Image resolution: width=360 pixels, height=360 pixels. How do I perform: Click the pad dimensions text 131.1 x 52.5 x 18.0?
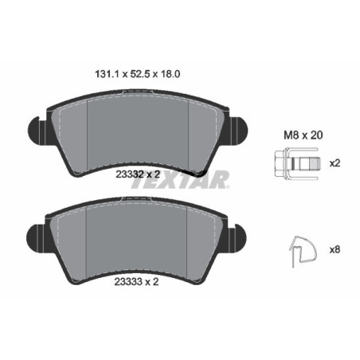138,74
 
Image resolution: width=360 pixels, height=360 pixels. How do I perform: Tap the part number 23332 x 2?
138,174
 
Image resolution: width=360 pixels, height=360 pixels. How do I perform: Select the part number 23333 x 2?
136,282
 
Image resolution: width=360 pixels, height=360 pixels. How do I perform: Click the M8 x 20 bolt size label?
303,135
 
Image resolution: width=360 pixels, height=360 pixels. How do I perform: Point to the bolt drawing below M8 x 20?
298,162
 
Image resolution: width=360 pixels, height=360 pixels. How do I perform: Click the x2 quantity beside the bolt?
335,163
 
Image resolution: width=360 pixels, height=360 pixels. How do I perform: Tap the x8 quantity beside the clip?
335,249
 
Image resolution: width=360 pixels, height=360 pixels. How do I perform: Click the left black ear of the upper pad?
37,131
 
